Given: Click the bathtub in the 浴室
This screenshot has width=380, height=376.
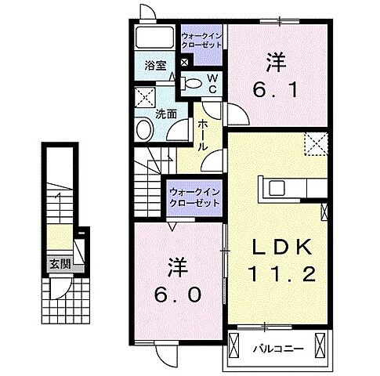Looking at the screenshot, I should (x=154, y=38).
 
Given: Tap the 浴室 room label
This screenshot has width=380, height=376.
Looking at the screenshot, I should (x=154, y=67).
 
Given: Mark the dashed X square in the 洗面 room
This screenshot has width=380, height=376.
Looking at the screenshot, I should (x=144, y=97).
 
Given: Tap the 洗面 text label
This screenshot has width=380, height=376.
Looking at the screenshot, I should (x=165, y=112).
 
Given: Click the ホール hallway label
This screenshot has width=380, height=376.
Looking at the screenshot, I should (x=202, y=134).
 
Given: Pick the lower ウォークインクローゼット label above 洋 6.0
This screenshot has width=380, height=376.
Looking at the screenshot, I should (x=194, y=196).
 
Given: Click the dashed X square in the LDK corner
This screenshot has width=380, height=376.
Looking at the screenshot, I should (x=317, y=143).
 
